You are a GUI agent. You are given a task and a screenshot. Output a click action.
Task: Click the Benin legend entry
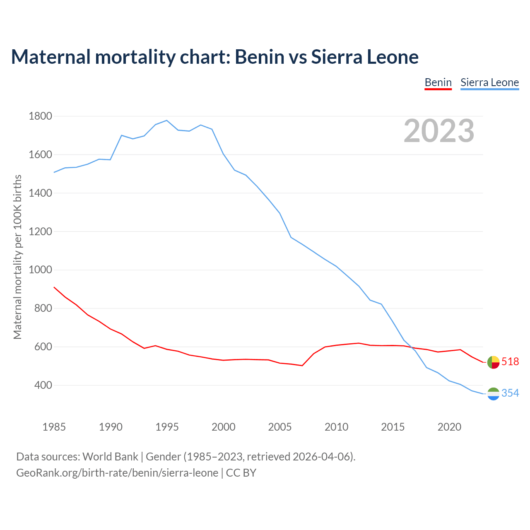[x=438, y=82]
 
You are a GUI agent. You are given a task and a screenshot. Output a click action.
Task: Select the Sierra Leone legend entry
[x=489, y=82]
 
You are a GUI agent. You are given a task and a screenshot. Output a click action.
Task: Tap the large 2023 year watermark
[x=439, y=131]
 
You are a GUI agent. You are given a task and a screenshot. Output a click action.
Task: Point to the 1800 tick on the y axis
[x=41, y=116]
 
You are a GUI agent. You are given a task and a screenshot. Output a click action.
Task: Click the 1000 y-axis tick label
[x=41, y=270]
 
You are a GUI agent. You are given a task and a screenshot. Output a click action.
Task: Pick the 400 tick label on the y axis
[x=43, y=385]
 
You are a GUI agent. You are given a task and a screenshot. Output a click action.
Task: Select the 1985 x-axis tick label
[x=54, y=427]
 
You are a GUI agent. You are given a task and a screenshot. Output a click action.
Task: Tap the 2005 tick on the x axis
[x=280, y=427]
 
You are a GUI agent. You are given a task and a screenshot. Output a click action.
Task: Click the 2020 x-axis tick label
[x=449, y=427]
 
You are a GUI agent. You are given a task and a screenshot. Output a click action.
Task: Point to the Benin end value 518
[x=510, y=361]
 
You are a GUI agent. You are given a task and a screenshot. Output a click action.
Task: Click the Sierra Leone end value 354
[x=510, y=393]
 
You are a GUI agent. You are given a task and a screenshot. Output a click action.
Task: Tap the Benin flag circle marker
[x=493, y=362]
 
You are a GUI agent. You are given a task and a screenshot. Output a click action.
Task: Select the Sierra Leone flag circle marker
[x=493, y=394]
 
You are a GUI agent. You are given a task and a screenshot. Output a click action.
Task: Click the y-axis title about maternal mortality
[x=17, y=257]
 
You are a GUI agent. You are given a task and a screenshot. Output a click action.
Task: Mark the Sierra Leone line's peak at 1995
[x=166, y=120]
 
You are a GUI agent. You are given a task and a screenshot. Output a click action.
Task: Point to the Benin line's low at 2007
[x=302, y=366]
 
